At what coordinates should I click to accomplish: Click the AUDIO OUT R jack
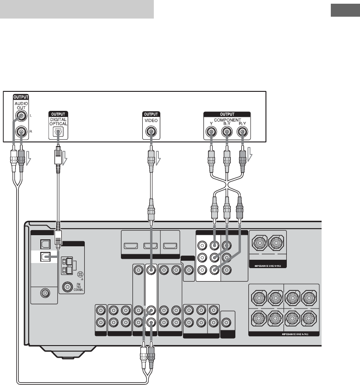21,132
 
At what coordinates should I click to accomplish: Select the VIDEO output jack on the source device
151,132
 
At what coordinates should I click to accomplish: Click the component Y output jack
211,132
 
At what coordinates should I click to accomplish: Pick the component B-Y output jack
227,132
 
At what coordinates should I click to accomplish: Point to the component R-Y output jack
242,132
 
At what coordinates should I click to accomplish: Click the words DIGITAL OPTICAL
58,122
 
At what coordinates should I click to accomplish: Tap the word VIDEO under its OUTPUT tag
151,120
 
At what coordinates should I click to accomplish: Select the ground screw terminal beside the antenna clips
80,274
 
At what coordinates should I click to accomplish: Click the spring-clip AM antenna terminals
66,267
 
